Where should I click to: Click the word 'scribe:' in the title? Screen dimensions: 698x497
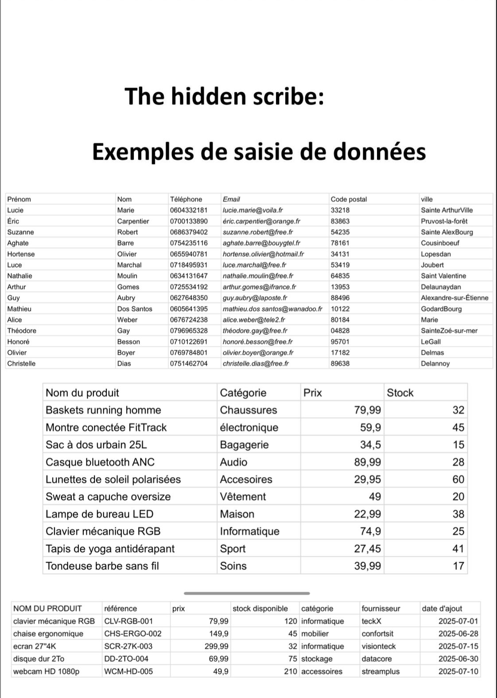289,97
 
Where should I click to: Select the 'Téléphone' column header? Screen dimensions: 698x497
186,199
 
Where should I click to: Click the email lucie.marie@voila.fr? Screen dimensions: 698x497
252,210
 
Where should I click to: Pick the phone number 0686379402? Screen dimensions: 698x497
189,232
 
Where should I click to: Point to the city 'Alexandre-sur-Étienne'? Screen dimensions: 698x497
454,298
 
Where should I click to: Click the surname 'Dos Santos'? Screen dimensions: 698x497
135,309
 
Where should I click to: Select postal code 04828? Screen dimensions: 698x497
340,331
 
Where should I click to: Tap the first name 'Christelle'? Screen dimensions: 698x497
21,363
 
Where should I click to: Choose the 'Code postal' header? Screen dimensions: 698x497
349,199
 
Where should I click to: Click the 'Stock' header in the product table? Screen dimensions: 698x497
400,393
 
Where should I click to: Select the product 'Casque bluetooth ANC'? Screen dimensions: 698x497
100,462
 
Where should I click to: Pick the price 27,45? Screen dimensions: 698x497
367,549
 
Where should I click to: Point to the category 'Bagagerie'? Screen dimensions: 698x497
244,445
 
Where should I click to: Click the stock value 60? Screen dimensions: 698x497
458,480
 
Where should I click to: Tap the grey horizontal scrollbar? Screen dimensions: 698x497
247,593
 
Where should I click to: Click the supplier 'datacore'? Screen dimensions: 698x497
378,659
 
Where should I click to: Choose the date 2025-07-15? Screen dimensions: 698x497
458,646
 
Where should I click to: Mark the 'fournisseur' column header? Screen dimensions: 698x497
381,608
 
